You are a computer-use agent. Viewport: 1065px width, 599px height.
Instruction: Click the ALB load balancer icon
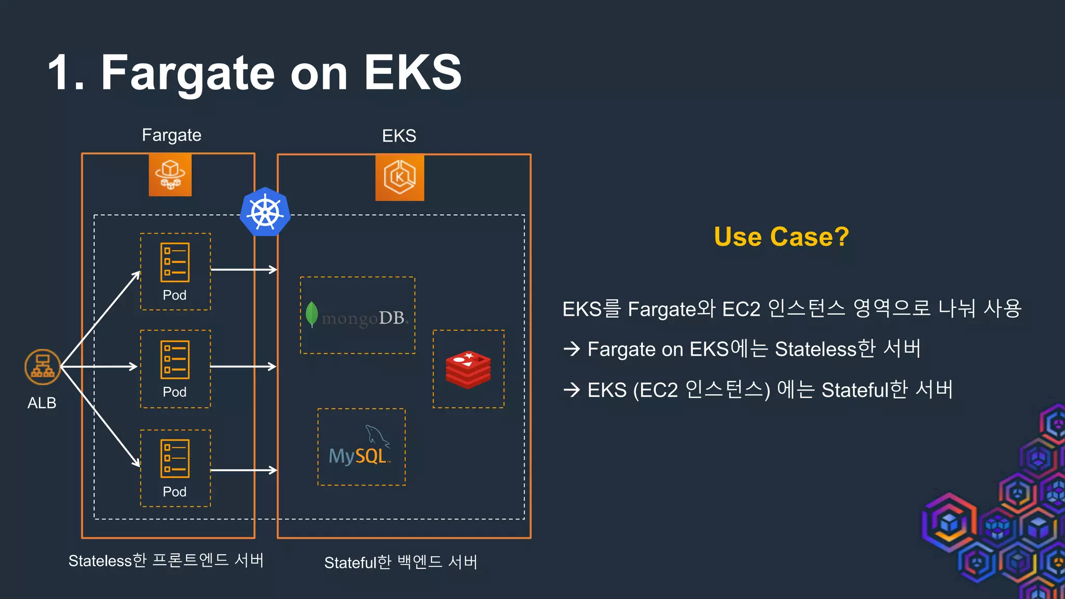43,367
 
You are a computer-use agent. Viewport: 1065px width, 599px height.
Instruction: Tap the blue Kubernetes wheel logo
265,212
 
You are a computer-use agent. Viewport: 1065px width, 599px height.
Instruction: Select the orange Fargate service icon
170,175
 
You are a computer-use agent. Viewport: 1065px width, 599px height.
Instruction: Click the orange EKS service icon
399,177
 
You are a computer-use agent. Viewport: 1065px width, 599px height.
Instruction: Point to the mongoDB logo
358,316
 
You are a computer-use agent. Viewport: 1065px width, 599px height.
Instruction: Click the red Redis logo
468,370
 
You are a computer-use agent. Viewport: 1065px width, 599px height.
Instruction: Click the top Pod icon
175,263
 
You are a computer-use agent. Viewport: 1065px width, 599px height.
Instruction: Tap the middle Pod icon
175,360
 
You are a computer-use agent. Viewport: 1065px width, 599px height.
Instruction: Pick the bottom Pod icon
175,459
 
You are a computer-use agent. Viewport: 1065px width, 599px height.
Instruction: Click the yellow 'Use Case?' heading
781,237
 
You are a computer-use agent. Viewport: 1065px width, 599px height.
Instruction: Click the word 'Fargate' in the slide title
187,73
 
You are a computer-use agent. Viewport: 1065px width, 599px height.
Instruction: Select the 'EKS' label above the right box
399,136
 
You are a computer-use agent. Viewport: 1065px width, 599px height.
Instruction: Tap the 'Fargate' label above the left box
172,135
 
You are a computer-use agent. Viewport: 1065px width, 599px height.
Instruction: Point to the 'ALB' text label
42,403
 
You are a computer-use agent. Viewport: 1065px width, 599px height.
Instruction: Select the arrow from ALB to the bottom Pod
100,416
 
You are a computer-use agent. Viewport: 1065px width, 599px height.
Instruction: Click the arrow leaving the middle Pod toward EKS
243,367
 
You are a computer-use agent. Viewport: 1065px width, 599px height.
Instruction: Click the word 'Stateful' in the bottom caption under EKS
350,563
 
